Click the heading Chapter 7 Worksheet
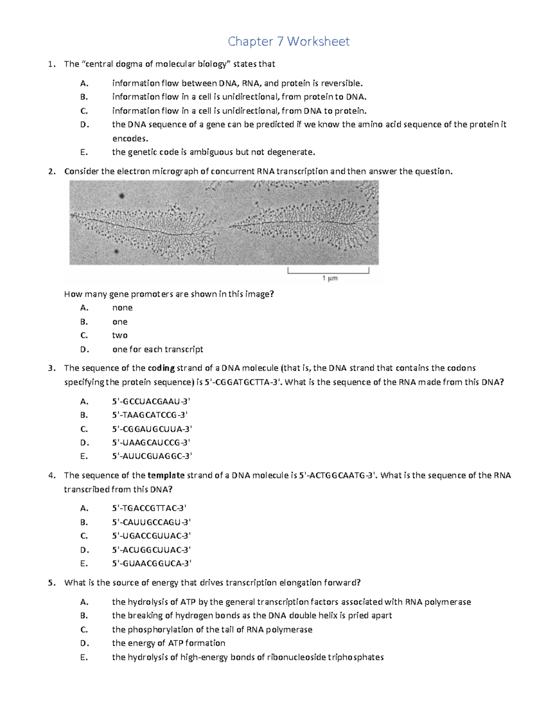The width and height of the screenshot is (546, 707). tap(288, 41)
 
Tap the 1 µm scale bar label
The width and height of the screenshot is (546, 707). tap(330, 278)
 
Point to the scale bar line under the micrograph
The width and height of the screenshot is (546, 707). tap(328, 273)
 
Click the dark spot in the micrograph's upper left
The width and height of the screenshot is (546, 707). tap(122, 196)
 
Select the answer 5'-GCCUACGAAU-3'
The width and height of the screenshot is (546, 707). tap(151, 401)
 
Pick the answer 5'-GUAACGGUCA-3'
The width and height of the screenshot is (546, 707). tap(152, 563)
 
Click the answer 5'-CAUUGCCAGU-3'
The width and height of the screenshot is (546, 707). tap(151, 522)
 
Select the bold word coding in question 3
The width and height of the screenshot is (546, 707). tap(161, 368)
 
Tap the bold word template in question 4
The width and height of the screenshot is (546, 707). tap(166, 475)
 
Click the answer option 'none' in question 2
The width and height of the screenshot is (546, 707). tap(122, 308)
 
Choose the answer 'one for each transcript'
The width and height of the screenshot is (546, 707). tap(157, 349)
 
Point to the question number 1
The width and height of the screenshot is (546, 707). tap(51, 64)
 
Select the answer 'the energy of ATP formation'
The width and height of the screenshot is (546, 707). tap(168, 643)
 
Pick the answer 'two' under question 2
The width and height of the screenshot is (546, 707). tap(120, 336)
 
